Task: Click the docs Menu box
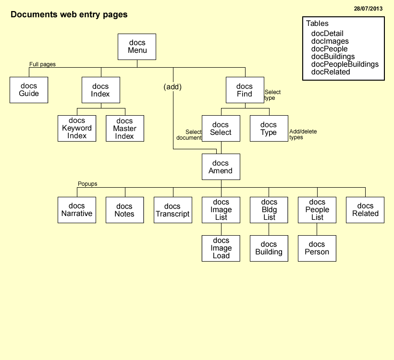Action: point(137,47)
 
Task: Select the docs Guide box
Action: point(29,90)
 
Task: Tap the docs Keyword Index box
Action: point(77,128)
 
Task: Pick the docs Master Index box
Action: point(125,128)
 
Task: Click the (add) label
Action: point(172,87)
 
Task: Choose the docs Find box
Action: point(245,90)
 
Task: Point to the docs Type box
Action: point(269,128)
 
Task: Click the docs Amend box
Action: point(221,167)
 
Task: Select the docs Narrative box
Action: point(77,210)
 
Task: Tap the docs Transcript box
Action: point(173,210)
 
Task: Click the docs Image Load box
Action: point(221,248)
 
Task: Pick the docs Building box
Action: point(269,248)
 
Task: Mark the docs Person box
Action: point(317,248)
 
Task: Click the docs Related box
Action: point(365,210)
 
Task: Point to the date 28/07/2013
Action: point(368,9)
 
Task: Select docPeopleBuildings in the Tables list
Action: point(345,64)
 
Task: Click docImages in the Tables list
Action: point(330,41)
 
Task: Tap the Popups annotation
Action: point(87,184)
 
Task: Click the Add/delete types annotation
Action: point(303,134)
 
